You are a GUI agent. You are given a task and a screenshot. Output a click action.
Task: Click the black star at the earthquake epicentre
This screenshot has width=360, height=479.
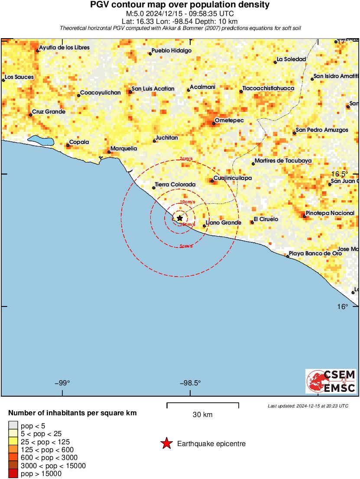[x=180, y=218]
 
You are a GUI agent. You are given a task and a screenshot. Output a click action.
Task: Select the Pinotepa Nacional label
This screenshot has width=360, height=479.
[x=330, y=213]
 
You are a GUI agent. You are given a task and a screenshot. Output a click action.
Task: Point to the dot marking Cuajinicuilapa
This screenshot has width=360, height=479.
[x=212, y=181]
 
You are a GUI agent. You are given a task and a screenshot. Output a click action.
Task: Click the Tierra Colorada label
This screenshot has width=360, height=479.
[x=175, y=185]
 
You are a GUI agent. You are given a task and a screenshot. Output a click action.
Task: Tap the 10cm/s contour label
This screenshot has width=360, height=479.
[x=187, y=202]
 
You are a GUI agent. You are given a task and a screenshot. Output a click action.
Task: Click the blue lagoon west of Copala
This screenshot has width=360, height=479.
[x=41, y=140]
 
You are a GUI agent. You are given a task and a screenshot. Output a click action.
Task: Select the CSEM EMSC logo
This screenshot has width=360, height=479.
[x=331, y=381]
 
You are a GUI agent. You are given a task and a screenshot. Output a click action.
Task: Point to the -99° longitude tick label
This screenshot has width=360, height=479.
[x=62, y=383]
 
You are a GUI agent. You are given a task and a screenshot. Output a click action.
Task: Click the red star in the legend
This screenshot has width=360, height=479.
[x=166, y=443]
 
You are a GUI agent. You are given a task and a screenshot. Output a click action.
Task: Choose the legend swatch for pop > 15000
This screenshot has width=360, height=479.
[x=13, y=474]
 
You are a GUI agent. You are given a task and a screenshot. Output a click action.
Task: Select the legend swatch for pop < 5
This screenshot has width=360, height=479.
[x=13, y=425]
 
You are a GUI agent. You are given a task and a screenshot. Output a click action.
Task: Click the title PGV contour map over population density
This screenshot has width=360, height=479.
[x=180, y=5]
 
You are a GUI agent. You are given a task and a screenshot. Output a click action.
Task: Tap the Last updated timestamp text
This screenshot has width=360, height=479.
[x=308, y=406]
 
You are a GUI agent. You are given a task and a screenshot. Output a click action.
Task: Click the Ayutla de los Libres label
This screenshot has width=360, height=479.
[x=64, y=48]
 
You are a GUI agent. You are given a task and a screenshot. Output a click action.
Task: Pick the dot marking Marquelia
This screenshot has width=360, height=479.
[x=109, y=152]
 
